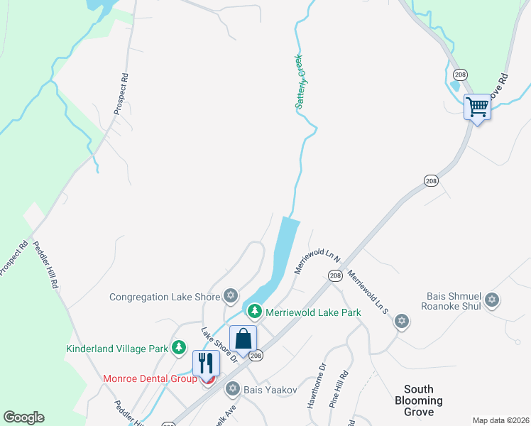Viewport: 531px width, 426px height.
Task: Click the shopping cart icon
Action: pos(477,107)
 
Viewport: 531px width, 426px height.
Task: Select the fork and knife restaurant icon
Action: pos(206,363)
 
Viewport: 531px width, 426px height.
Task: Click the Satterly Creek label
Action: pos(300,82)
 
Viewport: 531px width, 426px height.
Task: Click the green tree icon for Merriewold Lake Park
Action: pos(254,311)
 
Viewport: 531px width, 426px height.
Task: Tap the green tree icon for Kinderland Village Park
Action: pos(180,347)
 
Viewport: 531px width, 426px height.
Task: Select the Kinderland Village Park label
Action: pos(117,349)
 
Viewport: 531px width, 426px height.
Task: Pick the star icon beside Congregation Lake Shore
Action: pos(230,295)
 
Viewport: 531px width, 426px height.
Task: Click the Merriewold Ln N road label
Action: pos(317,261)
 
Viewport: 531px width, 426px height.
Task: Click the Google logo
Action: pos(23,417)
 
